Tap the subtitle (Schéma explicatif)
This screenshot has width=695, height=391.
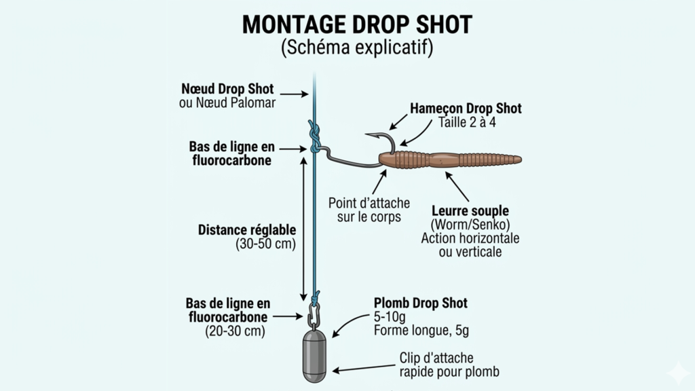[x=357, y=49]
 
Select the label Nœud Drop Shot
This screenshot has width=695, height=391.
[x=227, y=89]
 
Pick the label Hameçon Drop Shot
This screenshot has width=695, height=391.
[x=466, y=109]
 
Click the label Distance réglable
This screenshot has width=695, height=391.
[x=247, y=229]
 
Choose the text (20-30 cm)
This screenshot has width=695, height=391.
[x=235, y=331]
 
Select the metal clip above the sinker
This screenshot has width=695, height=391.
[x=314, y=316]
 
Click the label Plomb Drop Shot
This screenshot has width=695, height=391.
[x=421, y=303]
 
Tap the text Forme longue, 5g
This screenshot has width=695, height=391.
[x=421, y=331]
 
